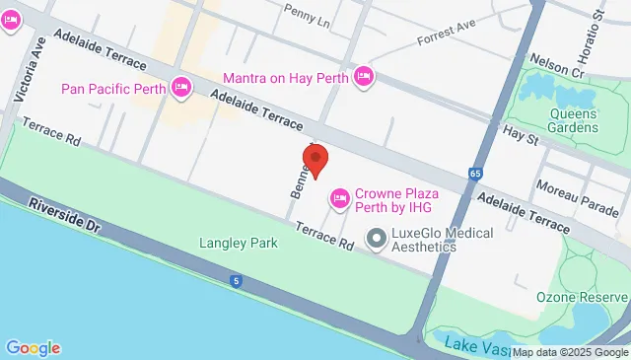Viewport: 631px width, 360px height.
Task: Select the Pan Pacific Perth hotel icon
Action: pos(181,89)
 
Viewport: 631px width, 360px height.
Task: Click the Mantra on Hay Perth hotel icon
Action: pos(364,76)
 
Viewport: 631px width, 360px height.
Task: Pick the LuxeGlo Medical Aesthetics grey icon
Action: pos(376,238)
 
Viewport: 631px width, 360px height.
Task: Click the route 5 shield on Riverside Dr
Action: pos(237,282)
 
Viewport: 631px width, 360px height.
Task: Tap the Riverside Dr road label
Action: pos(65,217)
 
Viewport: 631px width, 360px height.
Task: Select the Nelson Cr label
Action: pos(557,65)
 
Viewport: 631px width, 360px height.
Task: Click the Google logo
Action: pos(33,347)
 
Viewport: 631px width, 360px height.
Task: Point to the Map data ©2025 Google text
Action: pos(570,352)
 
